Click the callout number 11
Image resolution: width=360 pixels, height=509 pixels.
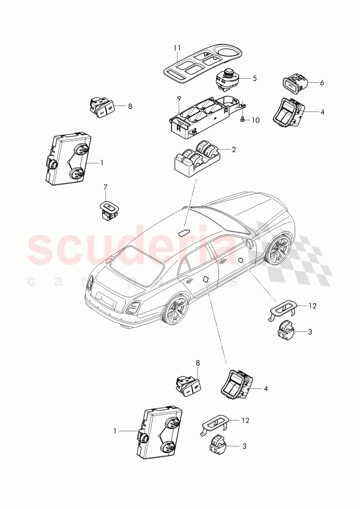click(x=178, y=48)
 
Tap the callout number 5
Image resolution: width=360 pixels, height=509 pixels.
click(x=254, y=79)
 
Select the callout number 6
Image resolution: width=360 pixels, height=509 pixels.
click(x=322, y=83)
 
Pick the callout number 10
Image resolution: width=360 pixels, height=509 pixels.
click(x=255, y=120)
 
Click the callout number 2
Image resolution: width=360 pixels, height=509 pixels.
click(x=234, y=149)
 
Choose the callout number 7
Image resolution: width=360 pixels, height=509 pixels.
click(x=105, y=187)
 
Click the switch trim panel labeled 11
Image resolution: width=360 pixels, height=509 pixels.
click(x=204, y=65)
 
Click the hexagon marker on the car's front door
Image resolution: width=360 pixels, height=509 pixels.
click(x=241, y=261)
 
